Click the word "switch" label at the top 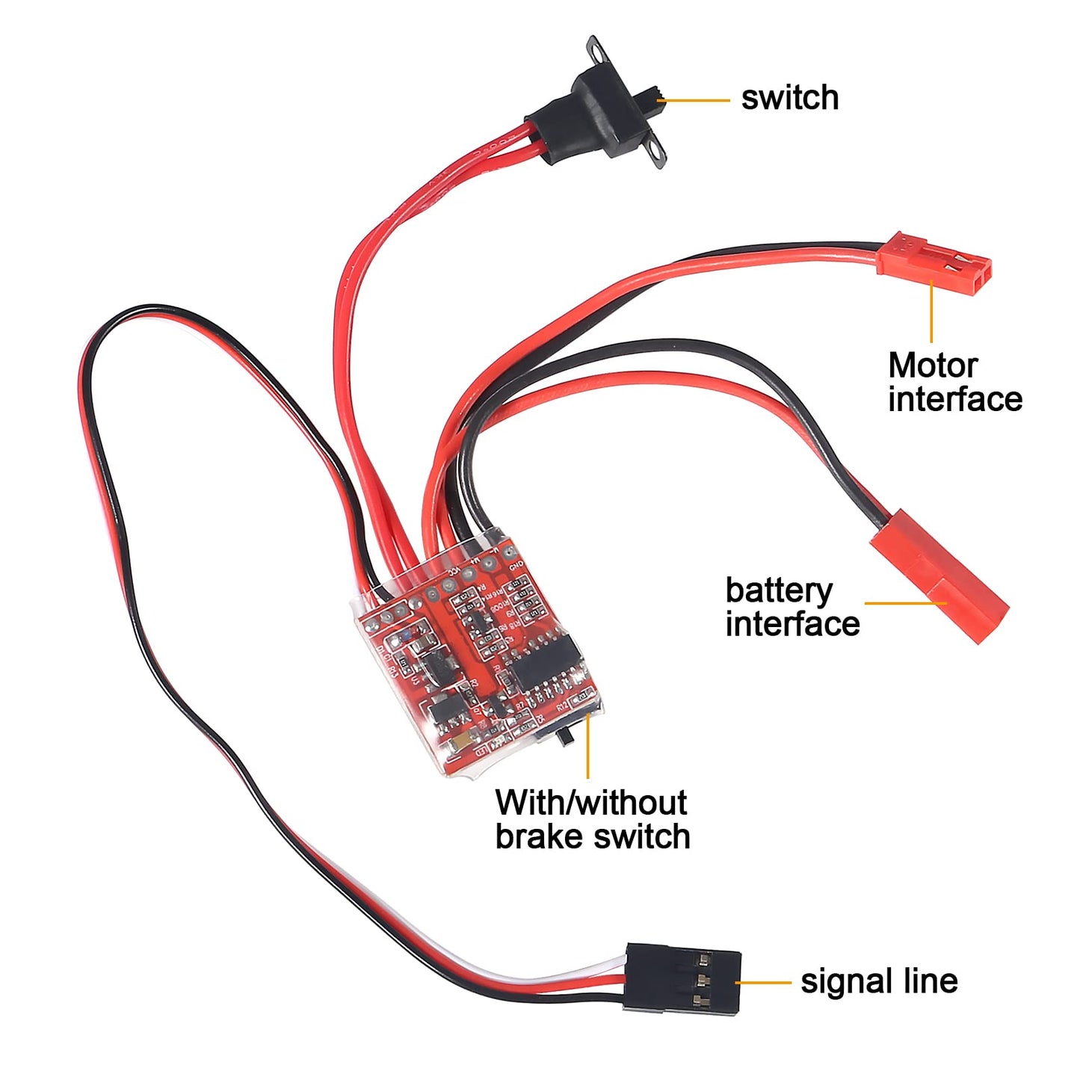(x=789, y=98)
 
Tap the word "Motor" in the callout (x=932, y=365)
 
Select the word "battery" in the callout (x=778, y=590)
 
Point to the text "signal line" (x=879, y=981)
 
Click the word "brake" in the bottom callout (x=546, y=836)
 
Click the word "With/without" (x=590, y=803)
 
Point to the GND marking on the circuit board (x=516, y=566)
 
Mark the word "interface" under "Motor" (x=954, y=399)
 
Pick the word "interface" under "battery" (x=792, y=624)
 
